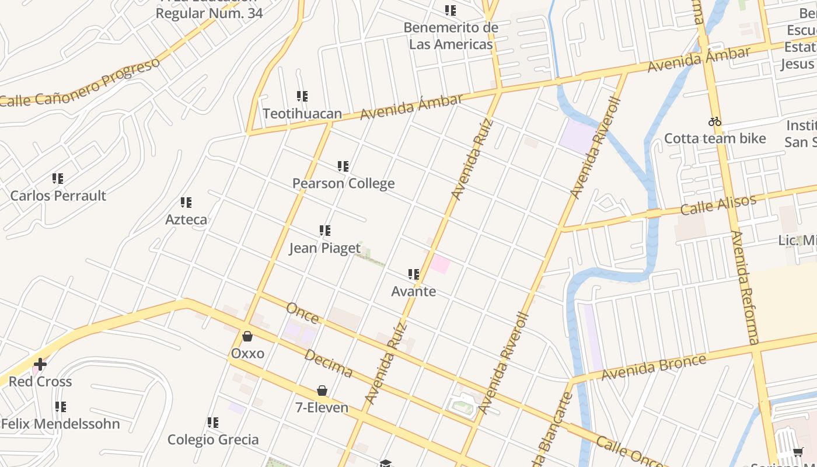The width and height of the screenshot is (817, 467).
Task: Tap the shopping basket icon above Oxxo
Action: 247,336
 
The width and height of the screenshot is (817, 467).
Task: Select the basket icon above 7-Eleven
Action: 322,391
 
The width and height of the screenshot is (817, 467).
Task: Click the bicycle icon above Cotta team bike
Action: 715,121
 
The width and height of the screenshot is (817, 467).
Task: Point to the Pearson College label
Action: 343,183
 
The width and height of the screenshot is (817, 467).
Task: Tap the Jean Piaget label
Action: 325,248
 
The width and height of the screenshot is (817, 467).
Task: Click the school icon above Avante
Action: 414,274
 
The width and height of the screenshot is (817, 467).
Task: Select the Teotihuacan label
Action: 302,113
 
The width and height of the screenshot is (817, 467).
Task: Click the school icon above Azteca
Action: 186,203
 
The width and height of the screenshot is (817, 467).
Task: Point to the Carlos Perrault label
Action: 58,196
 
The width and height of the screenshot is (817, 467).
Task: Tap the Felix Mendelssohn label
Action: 61,424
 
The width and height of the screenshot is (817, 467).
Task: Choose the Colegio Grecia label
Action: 213,440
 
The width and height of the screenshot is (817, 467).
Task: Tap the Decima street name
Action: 328,364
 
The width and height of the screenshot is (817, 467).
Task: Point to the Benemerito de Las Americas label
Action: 451,36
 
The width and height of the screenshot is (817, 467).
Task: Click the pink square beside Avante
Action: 440,264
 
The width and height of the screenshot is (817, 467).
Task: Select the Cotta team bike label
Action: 715,138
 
